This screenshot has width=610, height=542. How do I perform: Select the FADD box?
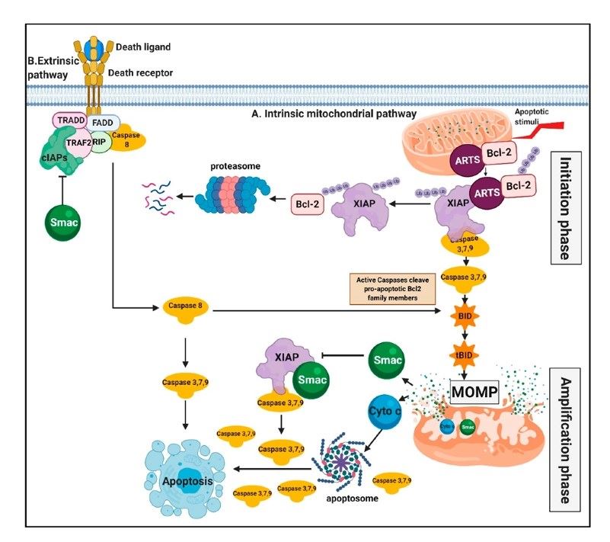[101, 122]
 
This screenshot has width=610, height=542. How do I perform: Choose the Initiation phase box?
[565, 206]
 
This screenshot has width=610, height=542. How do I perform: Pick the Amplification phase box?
[565, 433]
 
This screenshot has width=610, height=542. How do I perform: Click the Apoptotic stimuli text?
[548, 114]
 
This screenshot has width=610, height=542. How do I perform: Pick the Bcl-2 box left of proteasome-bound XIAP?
[309, 205]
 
